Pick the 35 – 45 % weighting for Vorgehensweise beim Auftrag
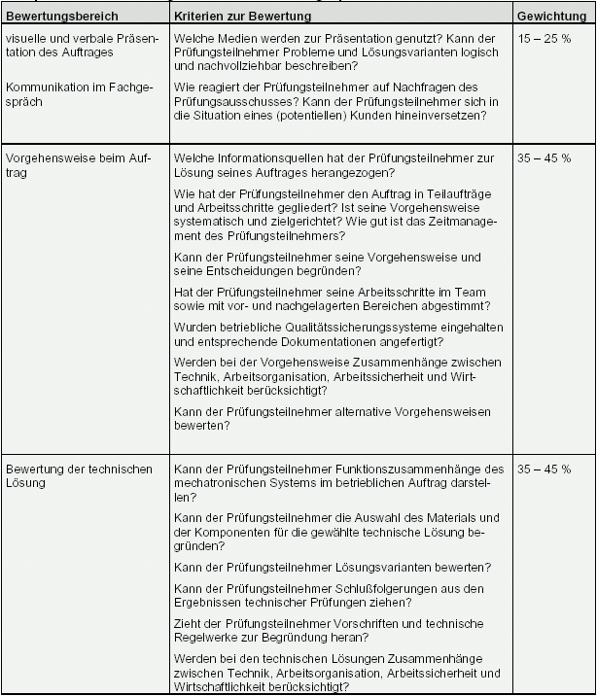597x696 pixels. tap(544, 157)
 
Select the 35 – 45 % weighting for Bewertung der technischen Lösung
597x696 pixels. tap(544, 470)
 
